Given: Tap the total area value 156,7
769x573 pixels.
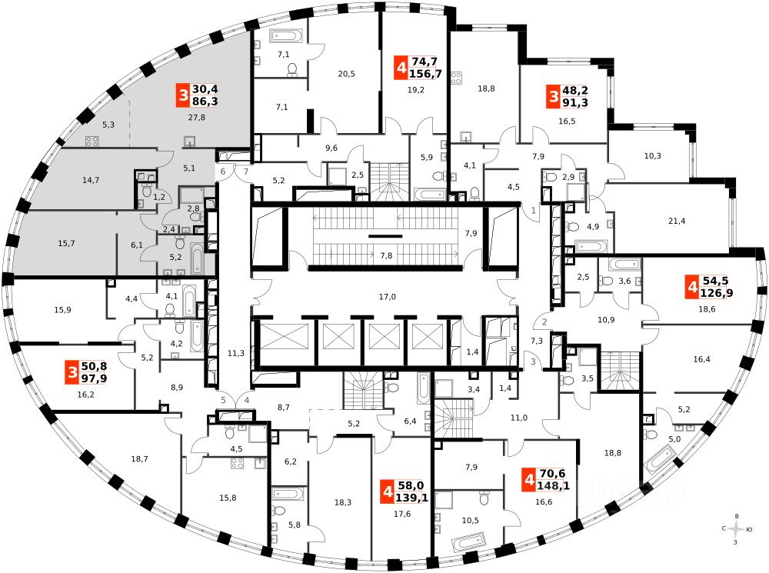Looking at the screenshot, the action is (425, 74).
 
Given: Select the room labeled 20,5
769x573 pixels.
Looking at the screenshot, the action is (347, 74).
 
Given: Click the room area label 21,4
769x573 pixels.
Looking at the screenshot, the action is (677, 222).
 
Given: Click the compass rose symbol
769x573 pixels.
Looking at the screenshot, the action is (737, 529).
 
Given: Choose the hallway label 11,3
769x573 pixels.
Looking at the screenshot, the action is (236, 353).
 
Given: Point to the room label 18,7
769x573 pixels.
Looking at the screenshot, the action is (139, 458).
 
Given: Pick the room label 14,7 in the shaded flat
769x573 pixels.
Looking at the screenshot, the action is (91, 180).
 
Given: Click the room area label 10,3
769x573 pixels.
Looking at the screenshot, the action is (652, 156).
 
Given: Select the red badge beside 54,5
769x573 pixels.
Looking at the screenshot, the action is (693, 289).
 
